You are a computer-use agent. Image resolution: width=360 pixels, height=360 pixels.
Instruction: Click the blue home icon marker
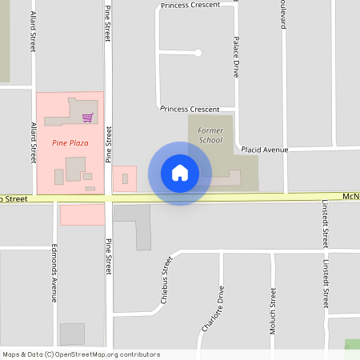(x=180, y=173)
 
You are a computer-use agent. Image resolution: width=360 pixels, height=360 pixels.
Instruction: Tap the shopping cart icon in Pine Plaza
(x=87, y=118)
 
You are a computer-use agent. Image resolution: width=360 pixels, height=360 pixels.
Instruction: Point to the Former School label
(x=211, y=134)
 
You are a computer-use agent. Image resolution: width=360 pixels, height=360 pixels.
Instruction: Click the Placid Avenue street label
(x=264, y=150)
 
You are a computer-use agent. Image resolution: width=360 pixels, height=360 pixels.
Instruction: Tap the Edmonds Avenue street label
(x=54, y=272)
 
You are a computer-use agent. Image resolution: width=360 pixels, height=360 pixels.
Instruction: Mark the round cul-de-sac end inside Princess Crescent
(x=198, y=53)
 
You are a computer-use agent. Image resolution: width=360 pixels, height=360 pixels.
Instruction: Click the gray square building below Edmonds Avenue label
(x=72, y=334)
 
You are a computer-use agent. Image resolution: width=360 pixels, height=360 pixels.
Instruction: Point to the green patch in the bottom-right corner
(x=352, y=345)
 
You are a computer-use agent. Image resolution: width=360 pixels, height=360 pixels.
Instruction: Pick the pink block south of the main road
(x=82, y=214)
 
